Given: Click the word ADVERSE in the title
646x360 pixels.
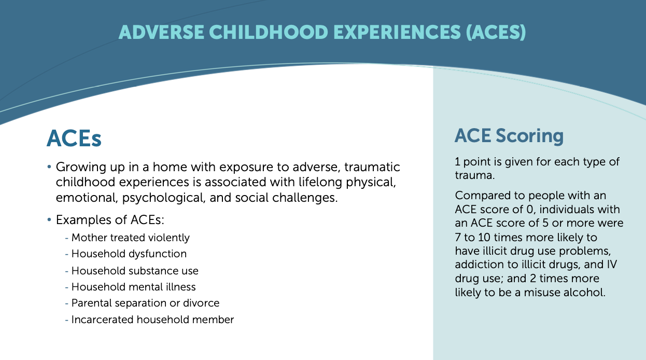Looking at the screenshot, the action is (161, 32).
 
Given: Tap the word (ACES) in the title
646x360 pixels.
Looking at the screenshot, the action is (496, 32).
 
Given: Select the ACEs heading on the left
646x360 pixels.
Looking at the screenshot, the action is (74, 139).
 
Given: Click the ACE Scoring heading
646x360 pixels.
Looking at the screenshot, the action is (509, 135).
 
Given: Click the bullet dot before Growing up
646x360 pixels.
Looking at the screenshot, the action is (49, 167).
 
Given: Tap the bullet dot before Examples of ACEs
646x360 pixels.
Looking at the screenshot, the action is (49, 220).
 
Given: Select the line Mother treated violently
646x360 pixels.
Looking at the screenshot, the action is (130, 238).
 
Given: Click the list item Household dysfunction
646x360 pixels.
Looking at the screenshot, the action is (129, 254).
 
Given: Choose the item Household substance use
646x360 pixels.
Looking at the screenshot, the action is (135, 271).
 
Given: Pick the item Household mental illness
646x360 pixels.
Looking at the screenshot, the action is (134, 287).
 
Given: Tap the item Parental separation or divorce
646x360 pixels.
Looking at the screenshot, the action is (145, 303).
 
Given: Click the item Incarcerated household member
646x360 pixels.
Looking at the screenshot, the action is (152, 320).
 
